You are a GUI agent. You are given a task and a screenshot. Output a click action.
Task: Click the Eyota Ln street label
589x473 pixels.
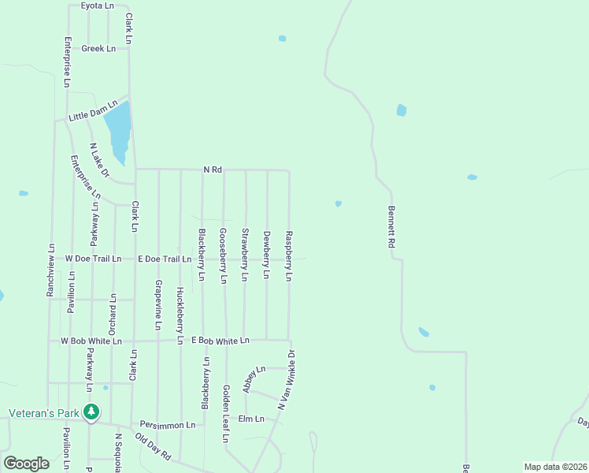click(98, 6)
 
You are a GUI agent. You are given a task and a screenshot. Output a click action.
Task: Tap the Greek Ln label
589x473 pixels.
click(98, 48)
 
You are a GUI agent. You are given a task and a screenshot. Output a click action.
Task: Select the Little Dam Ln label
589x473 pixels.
click(93, 110)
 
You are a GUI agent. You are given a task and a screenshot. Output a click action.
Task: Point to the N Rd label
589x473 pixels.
click(213, 169)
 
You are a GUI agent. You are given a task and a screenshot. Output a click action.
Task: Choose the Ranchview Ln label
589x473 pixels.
click(50, 270)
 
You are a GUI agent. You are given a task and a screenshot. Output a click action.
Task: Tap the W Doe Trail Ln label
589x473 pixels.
click(93, 259)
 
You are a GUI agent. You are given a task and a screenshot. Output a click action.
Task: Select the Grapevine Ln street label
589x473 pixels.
click(158, 304)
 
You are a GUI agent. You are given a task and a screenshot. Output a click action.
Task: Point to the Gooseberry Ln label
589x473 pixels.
click(224, 255)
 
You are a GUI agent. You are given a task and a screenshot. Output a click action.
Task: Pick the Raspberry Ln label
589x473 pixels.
click(289, 256)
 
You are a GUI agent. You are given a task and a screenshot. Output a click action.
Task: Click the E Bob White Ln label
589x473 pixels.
click(220, 341)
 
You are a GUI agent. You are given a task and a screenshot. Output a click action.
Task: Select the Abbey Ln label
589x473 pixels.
click(255, 379)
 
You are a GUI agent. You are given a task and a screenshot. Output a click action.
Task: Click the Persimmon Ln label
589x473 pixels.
click(168, 425)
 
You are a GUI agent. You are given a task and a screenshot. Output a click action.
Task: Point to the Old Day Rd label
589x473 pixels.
click(153, 446)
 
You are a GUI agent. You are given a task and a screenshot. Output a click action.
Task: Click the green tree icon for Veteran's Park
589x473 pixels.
click(91, 412)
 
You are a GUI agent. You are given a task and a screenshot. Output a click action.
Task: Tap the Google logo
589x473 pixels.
click(27, 463)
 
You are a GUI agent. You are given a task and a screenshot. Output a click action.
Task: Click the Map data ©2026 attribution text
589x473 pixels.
click(554, 467)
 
